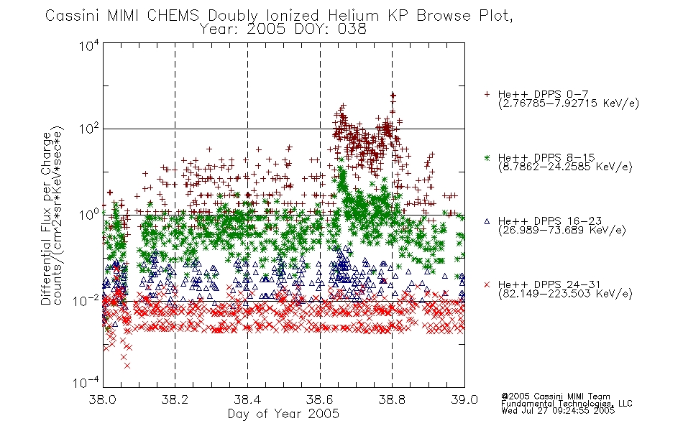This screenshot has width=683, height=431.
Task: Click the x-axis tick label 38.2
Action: point(175,399)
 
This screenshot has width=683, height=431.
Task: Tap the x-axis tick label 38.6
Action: point(320,399)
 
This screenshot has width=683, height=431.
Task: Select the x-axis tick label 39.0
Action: point(464,399)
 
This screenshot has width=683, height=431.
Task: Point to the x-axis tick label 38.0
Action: point(102,399)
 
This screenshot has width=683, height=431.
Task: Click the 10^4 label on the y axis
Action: point(89,45)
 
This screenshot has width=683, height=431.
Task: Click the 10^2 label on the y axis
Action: point(89,129)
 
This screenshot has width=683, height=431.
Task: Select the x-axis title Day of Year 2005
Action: point(283,414)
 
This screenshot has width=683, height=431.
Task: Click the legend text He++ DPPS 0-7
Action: point(544,94)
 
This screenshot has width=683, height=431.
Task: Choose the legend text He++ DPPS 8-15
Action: point(546,157)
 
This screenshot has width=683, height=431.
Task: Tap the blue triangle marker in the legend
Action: point(487,221)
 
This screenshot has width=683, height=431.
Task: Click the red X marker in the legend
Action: point(487,284)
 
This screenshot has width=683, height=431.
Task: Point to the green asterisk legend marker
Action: point(487,157)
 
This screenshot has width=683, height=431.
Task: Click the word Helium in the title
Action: point(353,16)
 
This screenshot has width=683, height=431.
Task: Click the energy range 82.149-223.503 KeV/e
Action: point(565,294)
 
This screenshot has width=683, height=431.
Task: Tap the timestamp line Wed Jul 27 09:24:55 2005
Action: point(558,410)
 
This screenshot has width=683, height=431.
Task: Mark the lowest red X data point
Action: point(127,366)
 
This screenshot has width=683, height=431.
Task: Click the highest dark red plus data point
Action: point(393,96)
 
